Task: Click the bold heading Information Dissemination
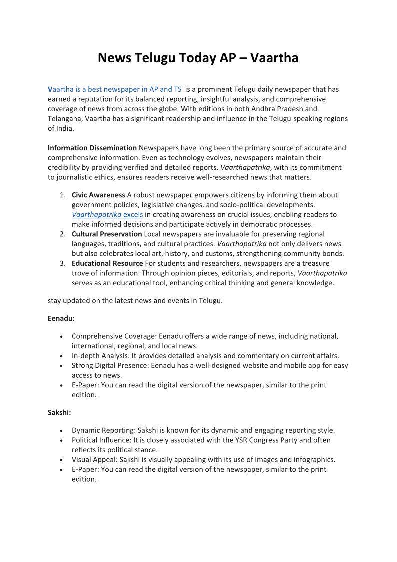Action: coord(92,148)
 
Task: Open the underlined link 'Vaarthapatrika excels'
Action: coord(107,214)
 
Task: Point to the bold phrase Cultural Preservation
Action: coord(107,234)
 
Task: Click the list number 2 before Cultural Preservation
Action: coord(63,234)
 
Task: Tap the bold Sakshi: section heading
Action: coord(60,413)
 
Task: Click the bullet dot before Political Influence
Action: coord(60,440)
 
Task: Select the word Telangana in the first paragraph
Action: coord(65,118)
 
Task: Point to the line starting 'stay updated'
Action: coord(135,300)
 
